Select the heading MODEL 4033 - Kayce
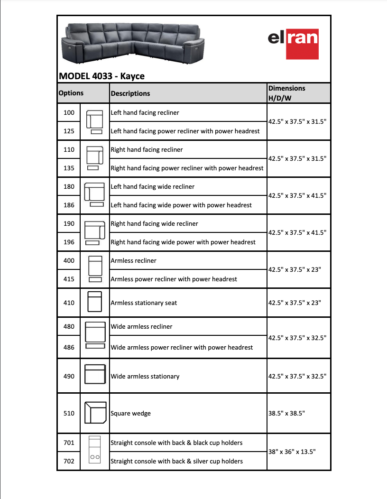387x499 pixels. coord(101,76)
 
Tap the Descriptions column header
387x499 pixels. coord(130,93)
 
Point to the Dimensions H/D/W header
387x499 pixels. coord(286,93)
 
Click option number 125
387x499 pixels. coord(69,131)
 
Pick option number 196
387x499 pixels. coord(69,242)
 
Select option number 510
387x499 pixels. coord(69,413)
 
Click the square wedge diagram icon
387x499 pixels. coord(95,413)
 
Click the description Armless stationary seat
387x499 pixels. coord(144,303)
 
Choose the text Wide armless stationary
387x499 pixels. coord(145,376)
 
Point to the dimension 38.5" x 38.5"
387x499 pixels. coord(286,413)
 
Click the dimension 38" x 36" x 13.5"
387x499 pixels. coord(292,452)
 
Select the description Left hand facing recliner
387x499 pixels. coord(145,113)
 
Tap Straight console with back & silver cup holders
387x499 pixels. coord(176,461)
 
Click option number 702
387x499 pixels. coord(69,461)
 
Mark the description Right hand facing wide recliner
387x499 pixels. coord(154,223)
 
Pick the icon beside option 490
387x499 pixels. coord(95,374)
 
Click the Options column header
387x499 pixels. coord(71,93)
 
